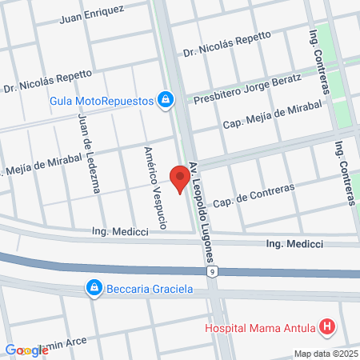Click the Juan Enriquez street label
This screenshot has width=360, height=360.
(92, 12)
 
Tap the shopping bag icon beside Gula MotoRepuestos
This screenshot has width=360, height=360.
(165, 99)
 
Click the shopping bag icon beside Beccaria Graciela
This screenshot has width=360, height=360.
(94, 287)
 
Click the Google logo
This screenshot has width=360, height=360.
(26, 350)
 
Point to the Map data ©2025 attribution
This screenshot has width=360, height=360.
(326, 354)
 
